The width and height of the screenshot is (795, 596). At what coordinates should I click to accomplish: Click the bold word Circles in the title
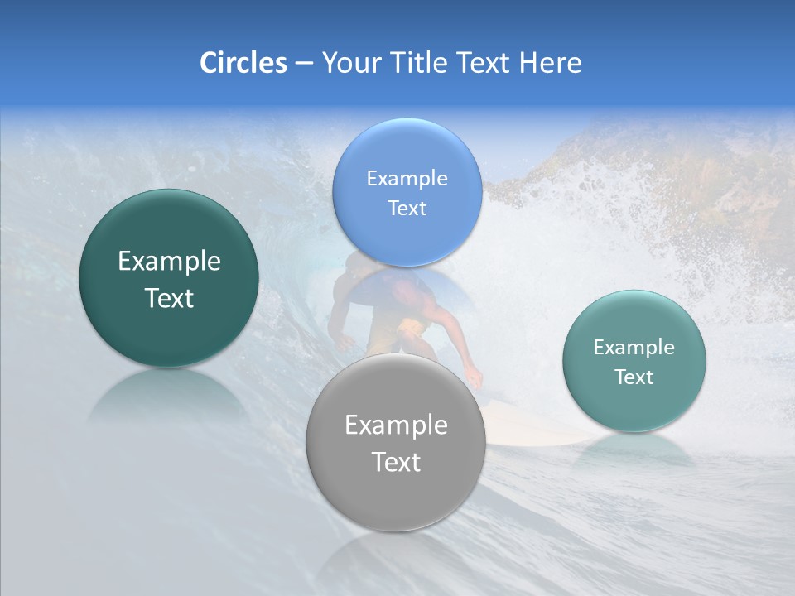click(243, 63)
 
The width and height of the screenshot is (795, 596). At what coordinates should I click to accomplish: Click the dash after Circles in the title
click(303, 64)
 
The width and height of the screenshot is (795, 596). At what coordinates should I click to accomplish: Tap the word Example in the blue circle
click(407, 178)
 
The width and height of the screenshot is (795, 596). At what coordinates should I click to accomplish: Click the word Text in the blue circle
click(407, 208)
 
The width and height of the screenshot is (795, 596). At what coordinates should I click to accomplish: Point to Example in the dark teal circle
click(169, 262)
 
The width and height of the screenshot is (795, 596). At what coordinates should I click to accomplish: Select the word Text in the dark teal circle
click(169, 298)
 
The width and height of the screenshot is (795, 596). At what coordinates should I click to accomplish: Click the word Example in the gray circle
click(396, 425)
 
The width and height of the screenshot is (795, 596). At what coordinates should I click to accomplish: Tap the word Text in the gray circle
click(396, 462)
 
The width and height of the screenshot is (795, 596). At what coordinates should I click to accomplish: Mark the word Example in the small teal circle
click(634, 347)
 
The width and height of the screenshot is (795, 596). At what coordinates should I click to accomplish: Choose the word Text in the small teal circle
click(634, 377)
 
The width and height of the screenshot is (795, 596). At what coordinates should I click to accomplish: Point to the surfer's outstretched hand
click(474, 378)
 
